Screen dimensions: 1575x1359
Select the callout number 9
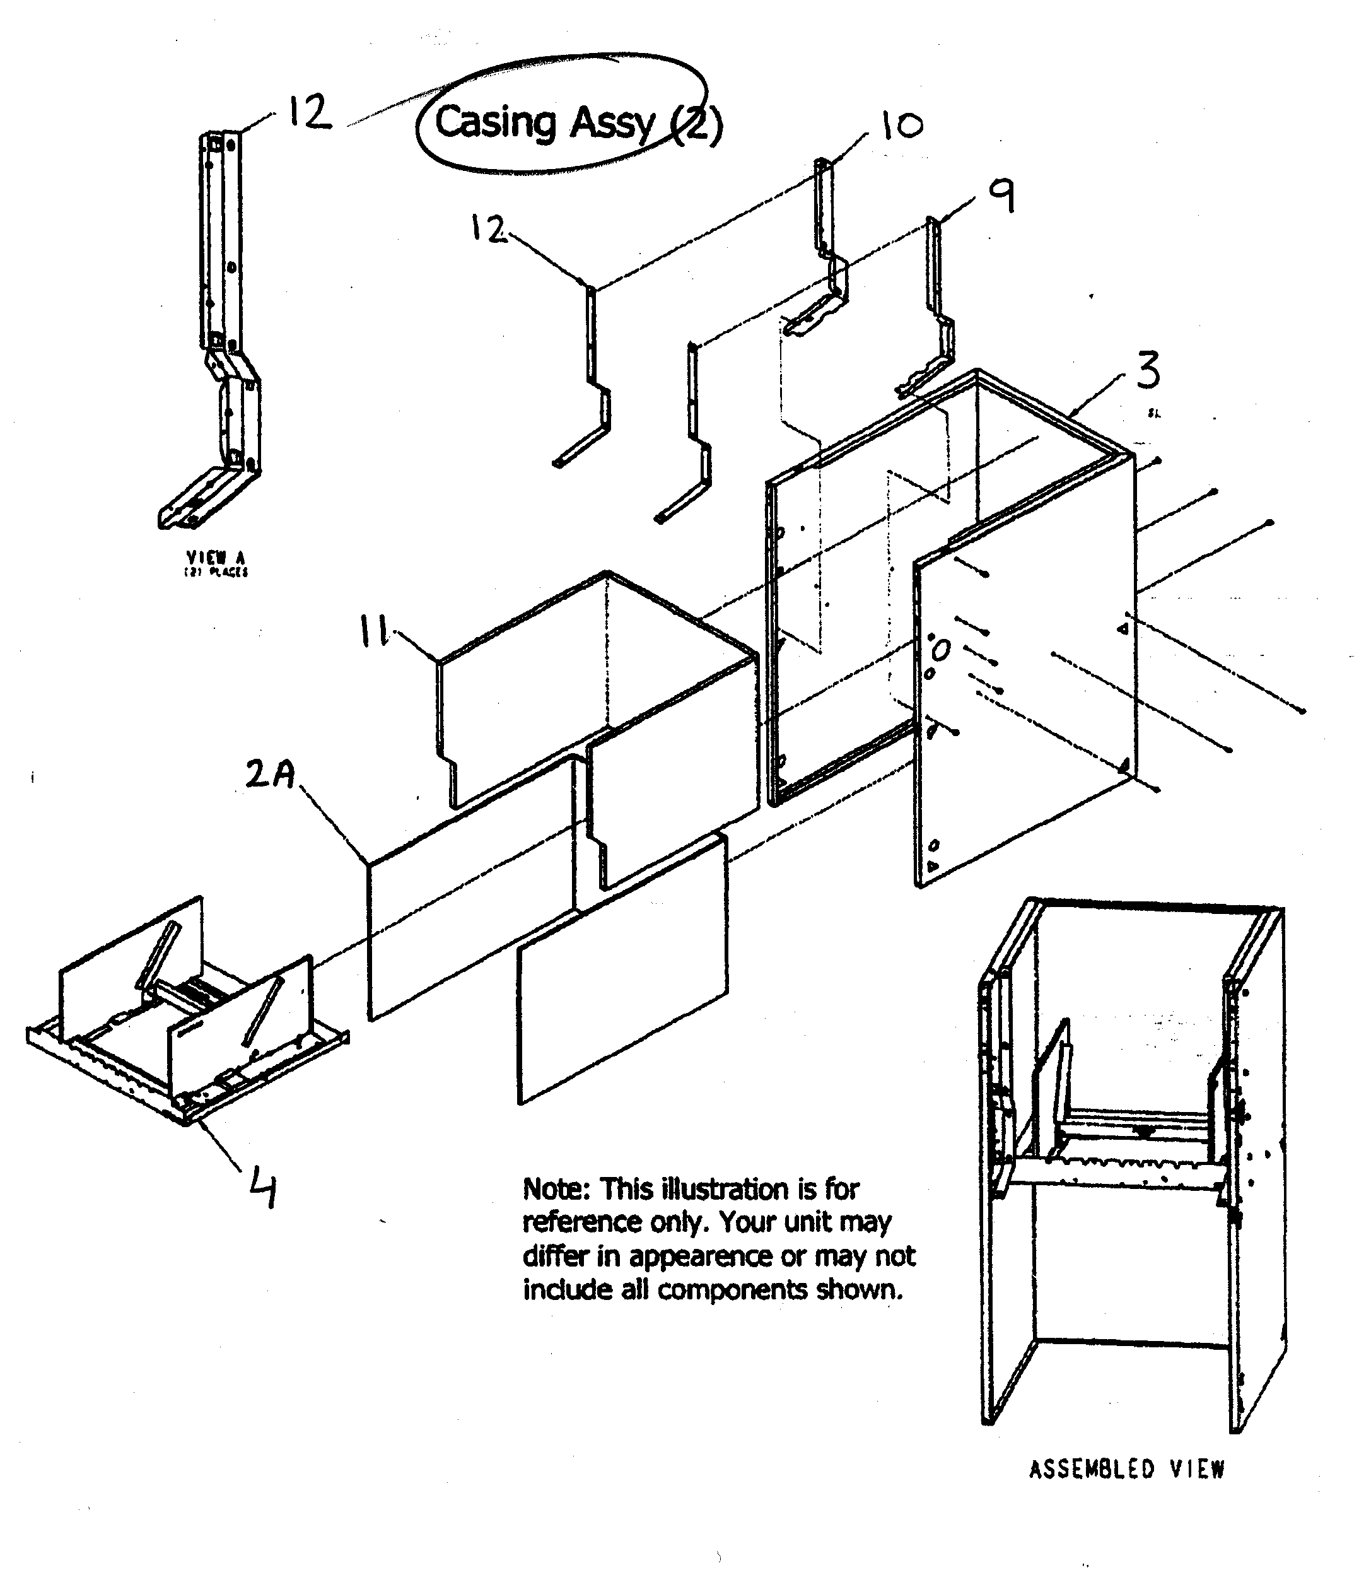click(1001, 197)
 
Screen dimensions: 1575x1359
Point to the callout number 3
click(1148, 370)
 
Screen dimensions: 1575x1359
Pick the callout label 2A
click(271, 775)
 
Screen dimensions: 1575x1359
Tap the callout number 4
click(262, 1190)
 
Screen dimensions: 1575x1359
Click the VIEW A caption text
click(216, 559)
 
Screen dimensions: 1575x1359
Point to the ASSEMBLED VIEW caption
click(1126, 1469)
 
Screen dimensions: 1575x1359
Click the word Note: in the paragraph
click(556, 1189)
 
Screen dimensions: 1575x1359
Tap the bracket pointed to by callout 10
click(829, 251)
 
